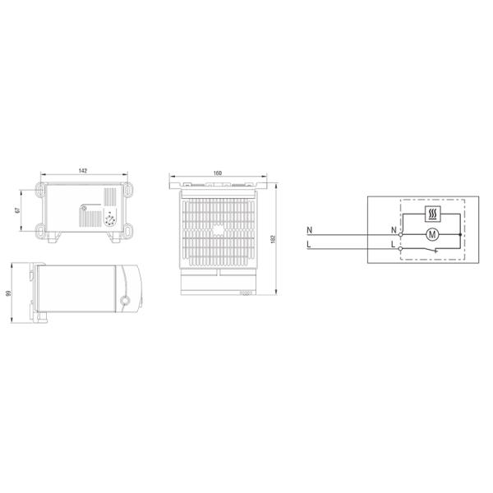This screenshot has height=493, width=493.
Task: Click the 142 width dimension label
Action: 83,171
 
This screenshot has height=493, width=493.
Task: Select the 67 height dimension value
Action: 17,210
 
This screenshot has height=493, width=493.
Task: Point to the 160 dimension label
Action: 218,173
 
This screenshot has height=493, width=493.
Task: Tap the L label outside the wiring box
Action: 309,244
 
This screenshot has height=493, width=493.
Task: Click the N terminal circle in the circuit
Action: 400,234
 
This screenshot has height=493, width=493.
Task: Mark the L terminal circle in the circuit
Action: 400,246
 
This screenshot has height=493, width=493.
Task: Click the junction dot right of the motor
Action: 463,234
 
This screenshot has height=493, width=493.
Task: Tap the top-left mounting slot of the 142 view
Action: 39,192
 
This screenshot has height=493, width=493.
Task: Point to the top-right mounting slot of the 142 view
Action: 128,192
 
